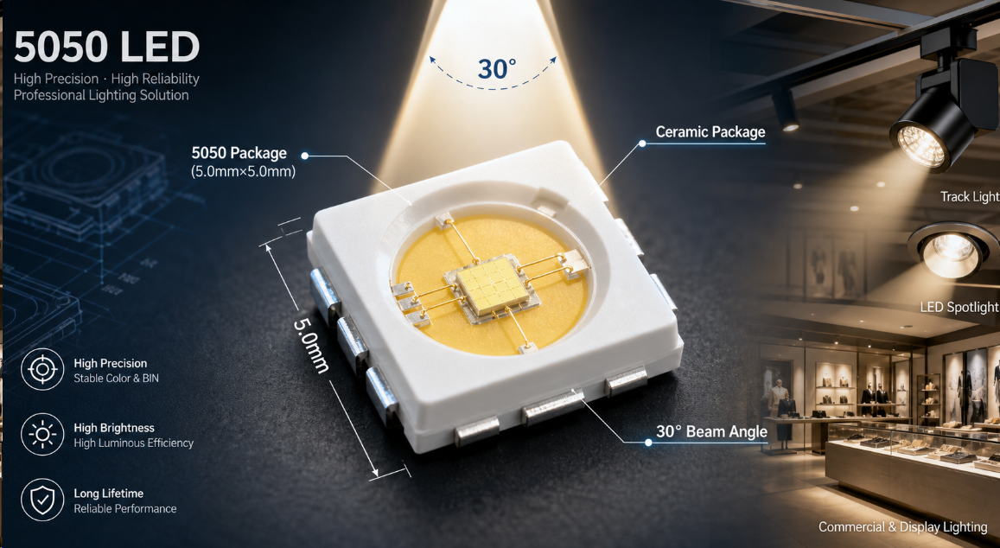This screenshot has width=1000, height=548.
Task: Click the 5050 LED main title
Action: tap(106, 48)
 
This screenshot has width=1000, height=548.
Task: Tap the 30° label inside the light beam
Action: tap(497, 68)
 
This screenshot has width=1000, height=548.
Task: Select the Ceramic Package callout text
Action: tap(710, 132)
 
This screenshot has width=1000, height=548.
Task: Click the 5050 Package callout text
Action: tap(239, 154)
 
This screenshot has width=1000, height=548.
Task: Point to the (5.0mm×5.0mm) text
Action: tap(243, 172)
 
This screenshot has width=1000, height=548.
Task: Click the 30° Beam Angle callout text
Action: tap(711, 432)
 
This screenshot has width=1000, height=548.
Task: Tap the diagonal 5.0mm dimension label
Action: tap(311, 345)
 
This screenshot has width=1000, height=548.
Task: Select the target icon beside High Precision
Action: tap(42, 369)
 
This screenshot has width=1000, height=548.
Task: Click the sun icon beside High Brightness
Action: tap(42, 435)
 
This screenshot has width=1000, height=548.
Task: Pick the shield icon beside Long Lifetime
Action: tap(42, 500)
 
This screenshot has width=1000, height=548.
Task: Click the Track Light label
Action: tap(970, 197)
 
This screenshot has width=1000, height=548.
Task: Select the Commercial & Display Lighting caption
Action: tap(903, 527)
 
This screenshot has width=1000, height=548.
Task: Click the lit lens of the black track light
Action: tap(920, 146)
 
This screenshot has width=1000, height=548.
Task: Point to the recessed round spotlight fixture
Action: tap(952, 250)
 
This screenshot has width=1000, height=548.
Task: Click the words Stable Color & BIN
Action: tap(116, 379)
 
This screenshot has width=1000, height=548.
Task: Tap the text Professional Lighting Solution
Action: tap(101, 96)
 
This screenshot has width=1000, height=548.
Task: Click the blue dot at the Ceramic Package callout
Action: tap(642, 143)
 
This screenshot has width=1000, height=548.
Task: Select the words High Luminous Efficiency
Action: tap(133, 443)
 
